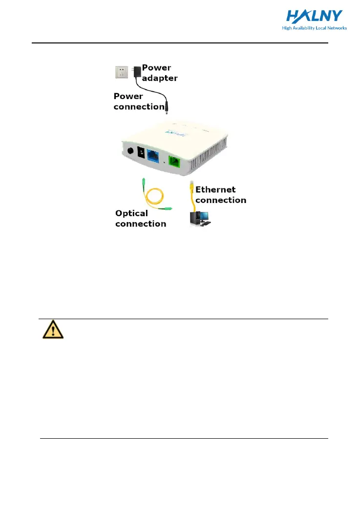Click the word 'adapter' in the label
pos(160,78)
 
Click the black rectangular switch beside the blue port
pos(141,153)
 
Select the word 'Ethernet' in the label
pos(216,189)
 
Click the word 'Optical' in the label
pos(131,213)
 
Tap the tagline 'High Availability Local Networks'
pos(314,28)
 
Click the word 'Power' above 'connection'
pos(128,96)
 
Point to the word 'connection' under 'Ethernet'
pos(221,200)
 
